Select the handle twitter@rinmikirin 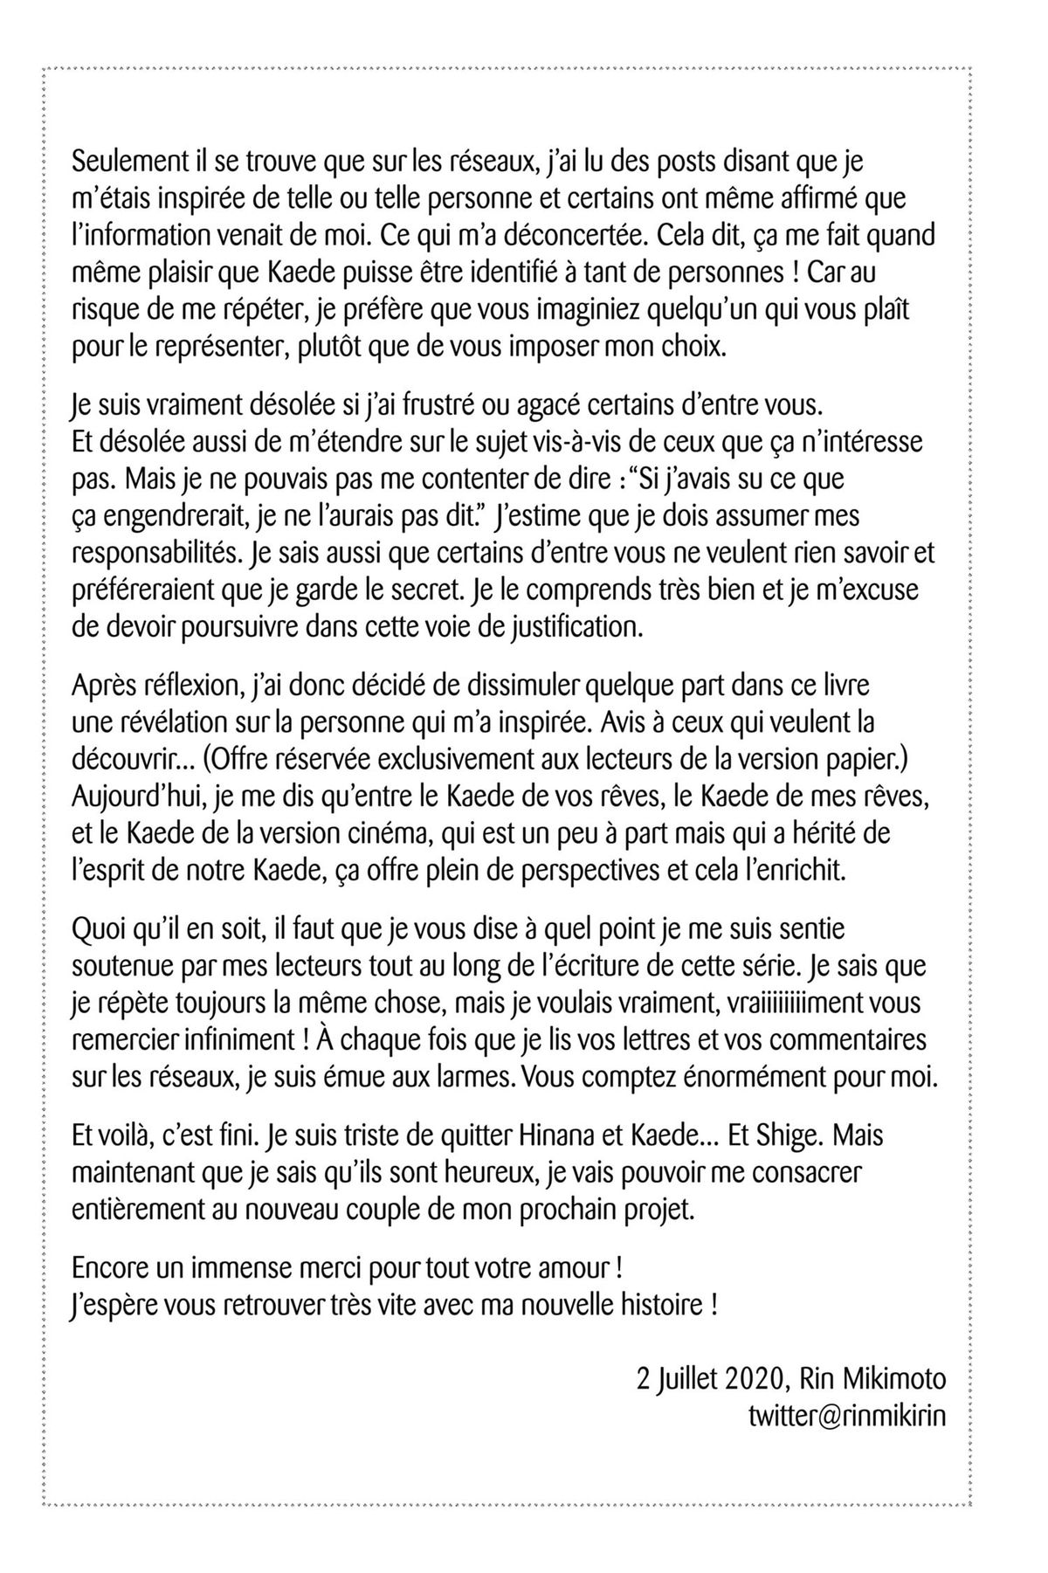(847, 1416)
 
